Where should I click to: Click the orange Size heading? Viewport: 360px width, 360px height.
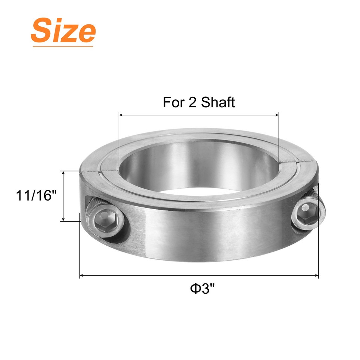[x=63, y=31]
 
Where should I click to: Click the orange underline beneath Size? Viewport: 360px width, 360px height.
[x=63, y=46]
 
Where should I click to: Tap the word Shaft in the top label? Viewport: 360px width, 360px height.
[x=218, y=102]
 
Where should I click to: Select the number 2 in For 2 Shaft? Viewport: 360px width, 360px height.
[x=192, y=102]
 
